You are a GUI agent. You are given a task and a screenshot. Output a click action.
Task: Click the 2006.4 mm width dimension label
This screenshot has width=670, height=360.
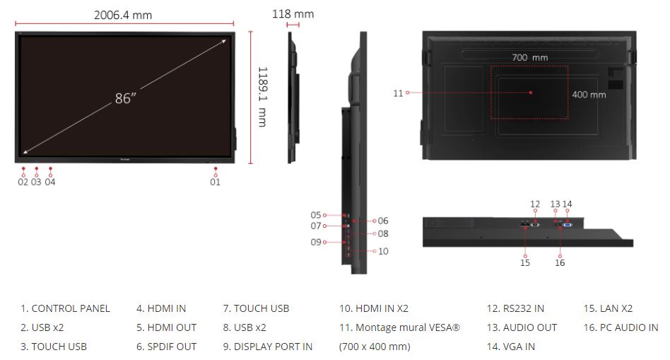(x=123, y=15)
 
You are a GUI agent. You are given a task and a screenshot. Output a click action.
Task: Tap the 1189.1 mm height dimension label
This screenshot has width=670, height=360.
(x=262, y=97)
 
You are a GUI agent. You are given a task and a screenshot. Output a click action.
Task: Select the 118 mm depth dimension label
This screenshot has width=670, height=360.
(x=293, y=13)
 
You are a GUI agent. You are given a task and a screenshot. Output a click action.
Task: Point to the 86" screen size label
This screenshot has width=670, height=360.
(x=126, y=98)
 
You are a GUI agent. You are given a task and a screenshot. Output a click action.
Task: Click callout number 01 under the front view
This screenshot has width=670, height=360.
(x=216, y=182)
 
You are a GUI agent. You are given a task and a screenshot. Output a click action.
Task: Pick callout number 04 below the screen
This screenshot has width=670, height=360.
(x=50, y=182)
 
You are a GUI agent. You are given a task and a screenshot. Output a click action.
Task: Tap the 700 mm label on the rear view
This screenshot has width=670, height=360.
(x=530, y=57)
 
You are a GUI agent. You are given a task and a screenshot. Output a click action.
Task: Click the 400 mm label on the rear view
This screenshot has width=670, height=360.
(x=589, y=95)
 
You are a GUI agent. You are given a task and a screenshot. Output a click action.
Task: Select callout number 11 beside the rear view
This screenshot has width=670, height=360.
(x=398, y=93)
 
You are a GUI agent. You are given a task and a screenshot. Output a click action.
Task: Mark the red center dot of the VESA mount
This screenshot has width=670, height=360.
(x=531, y=93)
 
